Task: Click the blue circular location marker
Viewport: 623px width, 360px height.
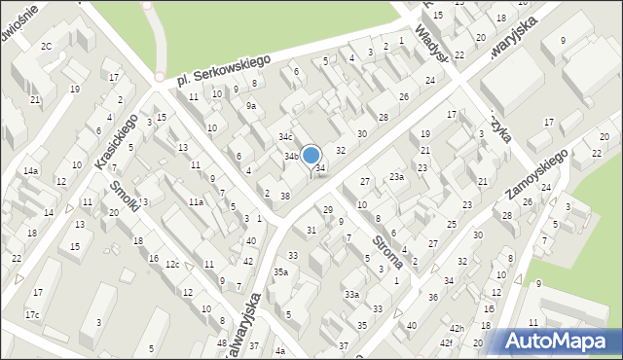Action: (311, 155)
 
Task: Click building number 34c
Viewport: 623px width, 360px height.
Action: (285, 137)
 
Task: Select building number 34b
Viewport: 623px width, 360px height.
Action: (290, 156)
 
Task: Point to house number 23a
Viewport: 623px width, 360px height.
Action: (396, 177)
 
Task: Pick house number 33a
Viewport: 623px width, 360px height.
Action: (351, 294)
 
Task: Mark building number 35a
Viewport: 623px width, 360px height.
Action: (280, 272)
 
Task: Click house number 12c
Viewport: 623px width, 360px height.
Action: (171, 265)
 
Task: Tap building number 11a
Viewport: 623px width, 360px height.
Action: (196, 201)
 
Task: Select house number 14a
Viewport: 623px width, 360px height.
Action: (31, 171)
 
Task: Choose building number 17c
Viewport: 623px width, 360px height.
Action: (32, 314)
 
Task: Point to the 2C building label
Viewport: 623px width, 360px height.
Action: (46, 47)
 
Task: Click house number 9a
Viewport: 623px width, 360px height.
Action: (251, 106)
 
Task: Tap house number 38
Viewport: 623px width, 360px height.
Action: (285, 197)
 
